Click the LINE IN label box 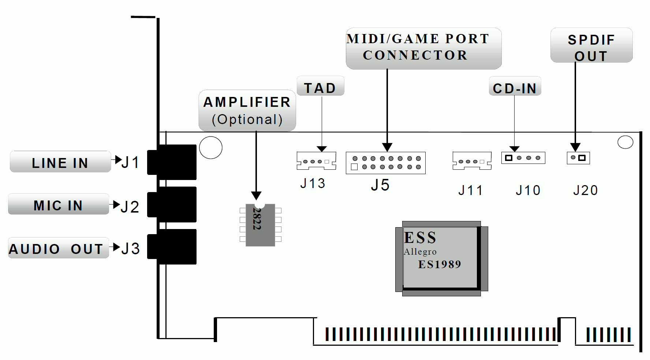(60, 162)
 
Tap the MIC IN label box (59, 204)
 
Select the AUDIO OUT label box (58, 248)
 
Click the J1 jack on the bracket (172, 162)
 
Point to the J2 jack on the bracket (172, 204)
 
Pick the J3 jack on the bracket (172, 247)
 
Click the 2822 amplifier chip (260, 225)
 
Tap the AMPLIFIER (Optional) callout (247, 110)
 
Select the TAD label (320, 86)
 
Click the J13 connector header (316, 161)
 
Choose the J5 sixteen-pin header (385, 163)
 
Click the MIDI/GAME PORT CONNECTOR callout (423, 48)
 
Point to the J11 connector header (472, 161)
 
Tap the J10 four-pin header (523, 158)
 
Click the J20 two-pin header (578, 158)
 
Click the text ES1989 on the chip (440, 264)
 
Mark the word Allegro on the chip (420, 252)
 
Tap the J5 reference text (380, 185)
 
